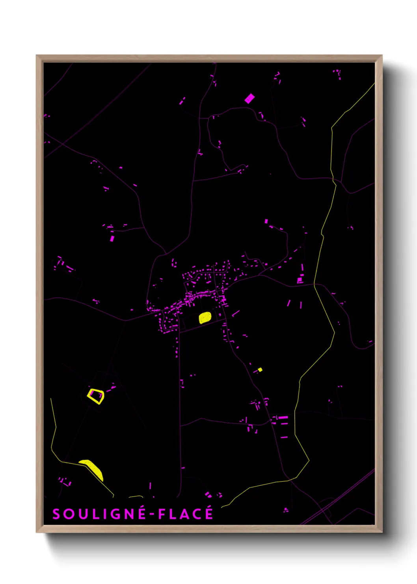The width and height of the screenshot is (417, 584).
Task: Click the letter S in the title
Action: click(x=56, y=514)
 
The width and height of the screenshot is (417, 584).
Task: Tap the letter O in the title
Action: click(x=68, y=514)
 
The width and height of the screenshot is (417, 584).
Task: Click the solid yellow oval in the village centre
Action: click(x=205, y=318)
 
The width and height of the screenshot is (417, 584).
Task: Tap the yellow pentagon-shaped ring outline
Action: click(x=95, y=396)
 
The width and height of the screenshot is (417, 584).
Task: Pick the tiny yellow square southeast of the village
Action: click(x=260, y=370)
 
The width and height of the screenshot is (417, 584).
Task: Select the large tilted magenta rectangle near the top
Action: click(x=249, y=98)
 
